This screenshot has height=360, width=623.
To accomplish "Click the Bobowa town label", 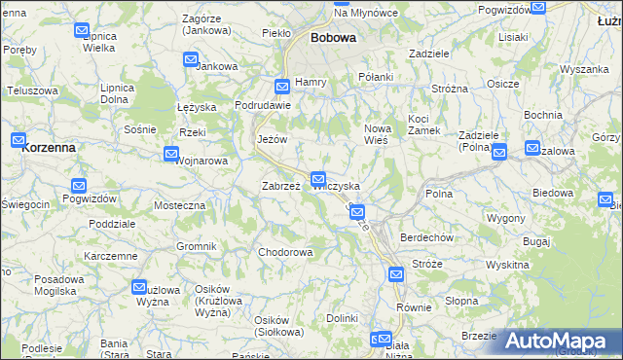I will (x=333, y=38).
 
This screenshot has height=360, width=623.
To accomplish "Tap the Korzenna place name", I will (x=45, y=147).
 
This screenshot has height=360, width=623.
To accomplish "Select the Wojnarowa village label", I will (x=203, y=161).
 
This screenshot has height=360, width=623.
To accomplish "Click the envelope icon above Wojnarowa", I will (x=171, y=154).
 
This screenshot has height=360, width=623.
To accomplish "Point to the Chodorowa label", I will (x=285, y=253).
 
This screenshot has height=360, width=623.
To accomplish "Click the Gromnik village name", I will (x=197, y=246).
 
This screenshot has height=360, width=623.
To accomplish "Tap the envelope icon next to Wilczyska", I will (x=318, y=179).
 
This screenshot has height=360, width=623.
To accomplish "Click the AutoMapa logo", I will (x=560, y=342).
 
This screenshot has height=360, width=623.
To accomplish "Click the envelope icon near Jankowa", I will (x=191, y=60).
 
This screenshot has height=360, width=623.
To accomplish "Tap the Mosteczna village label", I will (x=180, y=206).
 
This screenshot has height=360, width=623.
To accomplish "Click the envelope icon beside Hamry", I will (x=281, y=85).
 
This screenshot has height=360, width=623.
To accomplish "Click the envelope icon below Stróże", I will (x=396, y=275).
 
